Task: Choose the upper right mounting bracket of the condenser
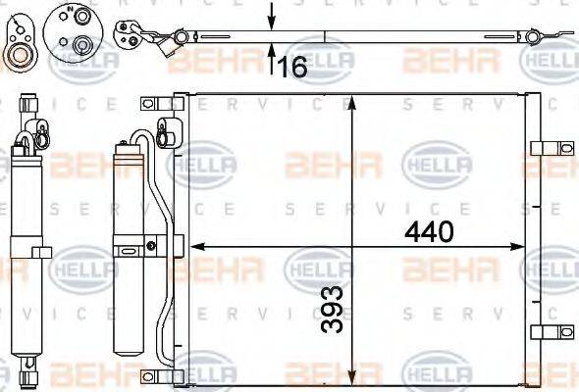[543, 149]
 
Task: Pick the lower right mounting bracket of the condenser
[543, 331]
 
